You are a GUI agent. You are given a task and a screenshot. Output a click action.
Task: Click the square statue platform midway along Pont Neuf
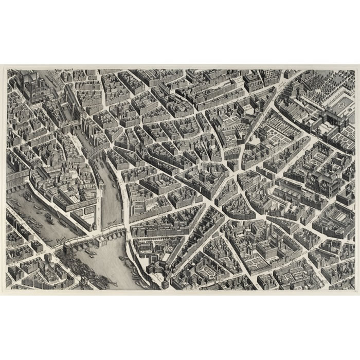coord(91,235)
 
